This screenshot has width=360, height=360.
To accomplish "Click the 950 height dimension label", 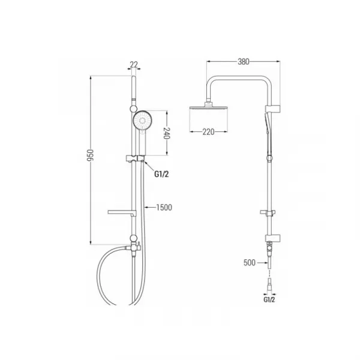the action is point(91,155).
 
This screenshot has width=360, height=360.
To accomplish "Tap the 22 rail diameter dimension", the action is point(134,65).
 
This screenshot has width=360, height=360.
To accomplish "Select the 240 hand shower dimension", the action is point(167,133).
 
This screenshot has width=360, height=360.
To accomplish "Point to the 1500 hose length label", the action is point(164,208).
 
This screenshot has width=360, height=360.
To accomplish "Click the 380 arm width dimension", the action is point(244,62).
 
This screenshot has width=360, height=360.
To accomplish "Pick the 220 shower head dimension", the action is point(208,132).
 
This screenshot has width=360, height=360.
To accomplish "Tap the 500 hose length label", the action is point(250,262).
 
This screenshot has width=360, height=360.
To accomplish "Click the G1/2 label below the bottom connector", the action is point(269,299).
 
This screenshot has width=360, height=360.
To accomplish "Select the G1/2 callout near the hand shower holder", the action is point(161,174).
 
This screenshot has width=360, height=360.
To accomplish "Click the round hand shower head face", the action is point(143,121).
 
